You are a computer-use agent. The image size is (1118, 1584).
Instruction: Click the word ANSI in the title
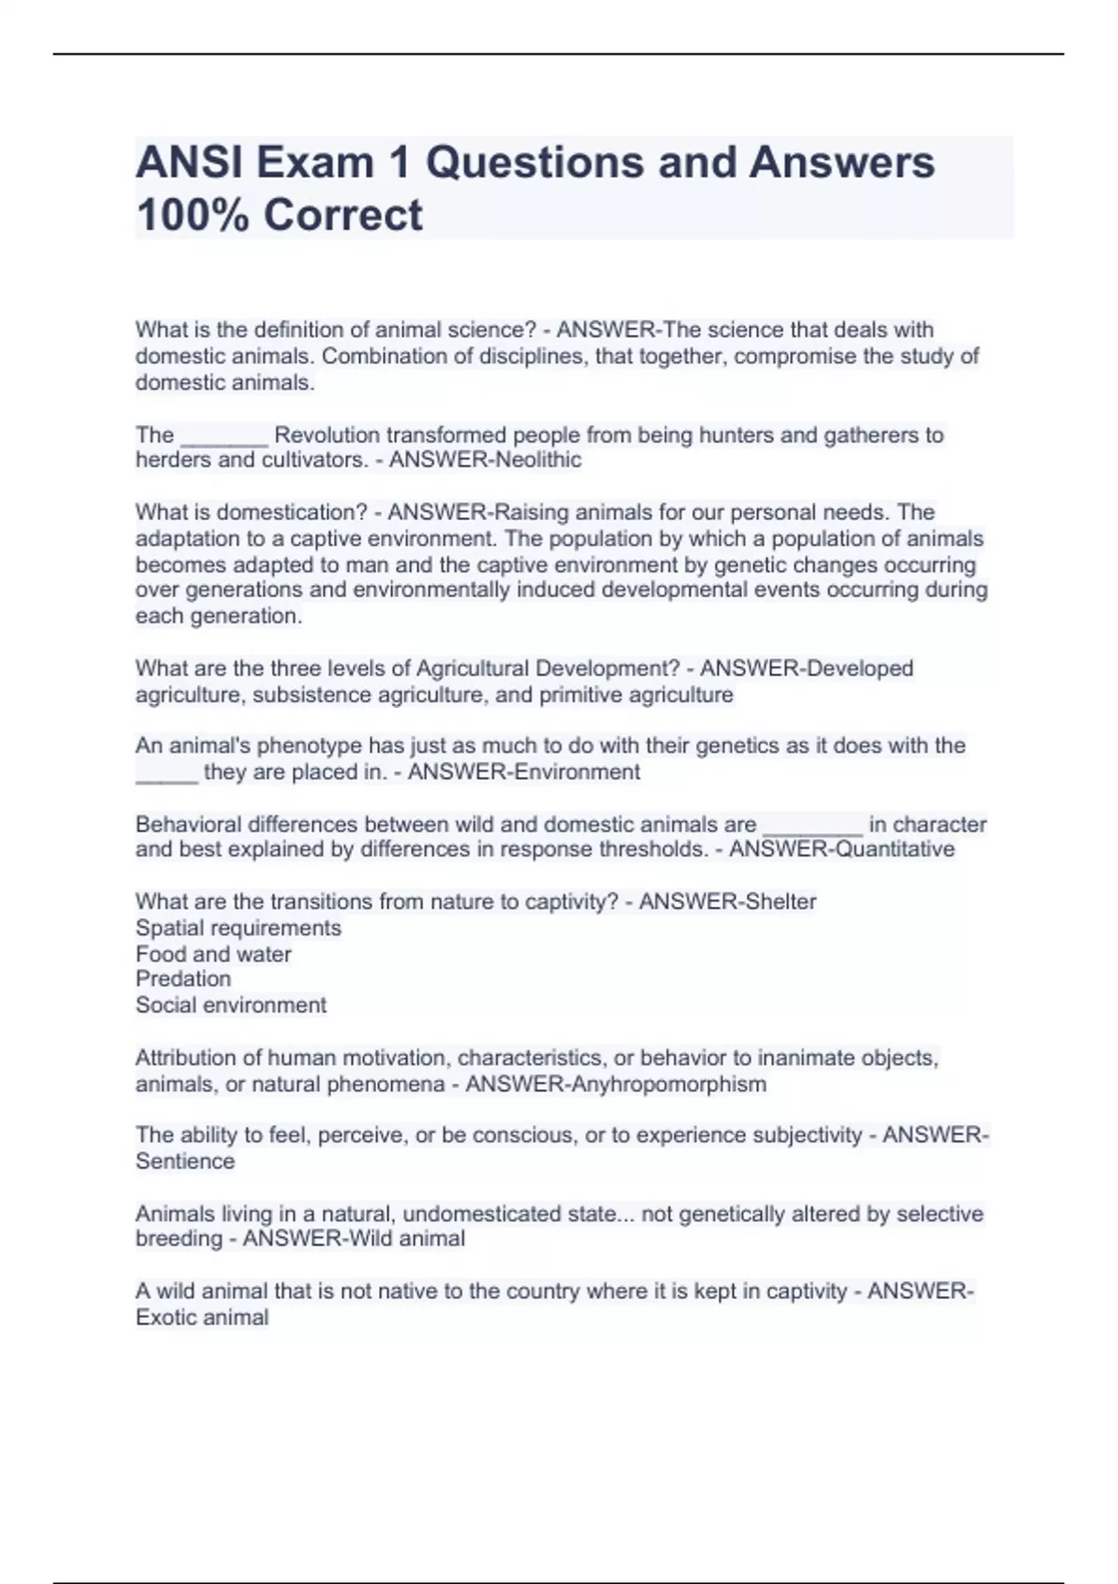pos(189,163)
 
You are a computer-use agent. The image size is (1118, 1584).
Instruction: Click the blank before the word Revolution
pos(225,436)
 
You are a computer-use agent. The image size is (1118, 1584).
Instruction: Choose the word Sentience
pos(185,1162)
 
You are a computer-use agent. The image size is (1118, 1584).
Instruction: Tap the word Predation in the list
pos(184,979)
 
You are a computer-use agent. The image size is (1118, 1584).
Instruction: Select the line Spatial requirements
pos(239,929)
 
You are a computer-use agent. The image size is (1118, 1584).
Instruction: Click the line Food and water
pos(213,954)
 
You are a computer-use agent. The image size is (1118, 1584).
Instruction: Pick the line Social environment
pos(231,1005)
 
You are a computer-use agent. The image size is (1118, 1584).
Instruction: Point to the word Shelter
pos(780,902)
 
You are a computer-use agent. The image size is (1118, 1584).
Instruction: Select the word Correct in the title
pos(343,215)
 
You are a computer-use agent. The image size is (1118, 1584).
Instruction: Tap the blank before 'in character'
pos(812,826)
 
